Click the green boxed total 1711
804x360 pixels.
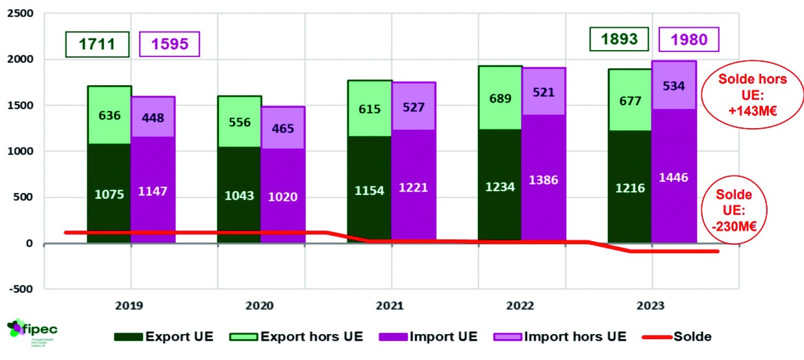(x=98, y=44)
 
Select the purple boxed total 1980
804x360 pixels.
(x=689, y=40)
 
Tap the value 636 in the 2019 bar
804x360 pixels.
(x=109, y=116)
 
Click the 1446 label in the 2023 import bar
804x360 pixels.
(x=674, y=178)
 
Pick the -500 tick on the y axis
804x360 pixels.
(x=22, y=289)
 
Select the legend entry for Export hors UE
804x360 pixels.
(x=296, y=337)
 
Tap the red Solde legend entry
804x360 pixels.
(x=677, y=337)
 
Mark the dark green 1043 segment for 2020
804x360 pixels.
(x=239, y=195)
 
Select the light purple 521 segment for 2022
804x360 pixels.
(x=544, y=92)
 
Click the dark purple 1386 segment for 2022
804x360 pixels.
(x=544, y=180)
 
